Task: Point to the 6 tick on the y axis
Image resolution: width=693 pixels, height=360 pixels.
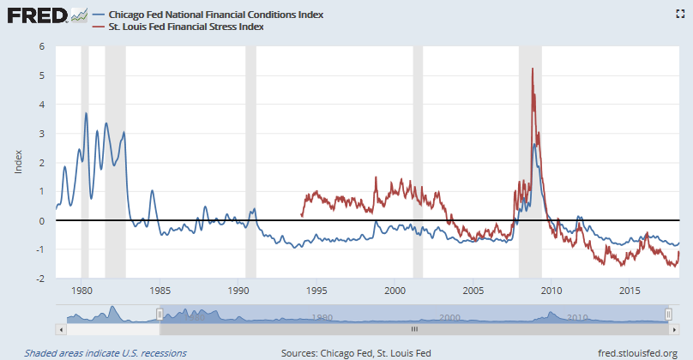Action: [x=41, y=46]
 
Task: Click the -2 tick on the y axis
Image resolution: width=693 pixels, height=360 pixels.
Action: [x=39, y=279]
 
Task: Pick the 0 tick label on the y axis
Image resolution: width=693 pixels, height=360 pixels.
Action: [x=41, y=220]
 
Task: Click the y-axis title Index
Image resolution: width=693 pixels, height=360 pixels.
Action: [x=19, y=162]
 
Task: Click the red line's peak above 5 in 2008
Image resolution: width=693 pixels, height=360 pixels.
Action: [x=533, y=69]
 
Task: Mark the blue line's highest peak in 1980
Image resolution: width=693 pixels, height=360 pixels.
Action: [x=86, y=113]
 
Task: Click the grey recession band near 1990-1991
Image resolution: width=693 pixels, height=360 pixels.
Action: [x=250, y=154]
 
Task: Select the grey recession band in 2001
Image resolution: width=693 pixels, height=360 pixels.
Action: [x=418, y=154]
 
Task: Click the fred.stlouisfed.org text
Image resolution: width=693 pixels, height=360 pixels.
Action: [x=637, y=352]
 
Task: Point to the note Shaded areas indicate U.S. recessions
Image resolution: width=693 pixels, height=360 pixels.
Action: [x=105, y=352]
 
